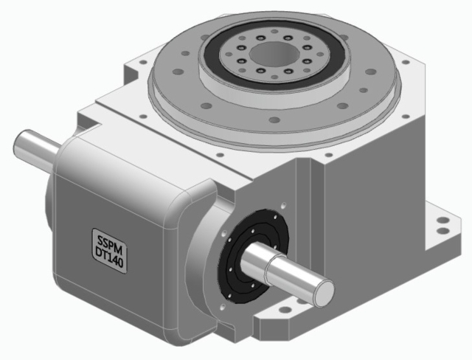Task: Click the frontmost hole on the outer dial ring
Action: [x=274, y=120]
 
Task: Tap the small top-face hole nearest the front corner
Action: [x=219, y=153]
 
